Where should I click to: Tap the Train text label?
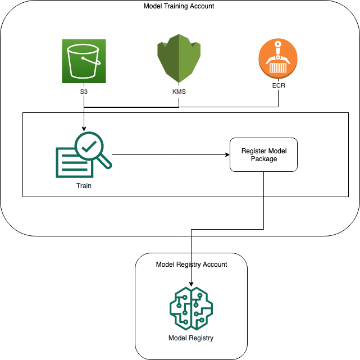pyautogui.click(x=83, y=186)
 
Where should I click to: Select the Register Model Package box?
pyautogui.click(x=263, y=154)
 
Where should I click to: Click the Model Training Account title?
pyautogui.click(x=179, y=6)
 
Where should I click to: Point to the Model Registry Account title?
pyautogui.click(x=192, y=264)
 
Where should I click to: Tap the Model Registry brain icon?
pyautogui.click(x=192, y=309)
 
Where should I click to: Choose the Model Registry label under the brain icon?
pyautogui.click(x=191, y=338)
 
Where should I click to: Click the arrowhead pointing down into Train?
pyautogui.click(x=83, y=128)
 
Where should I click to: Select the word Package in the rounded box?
pyautogui.click(x=263, y=159)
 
